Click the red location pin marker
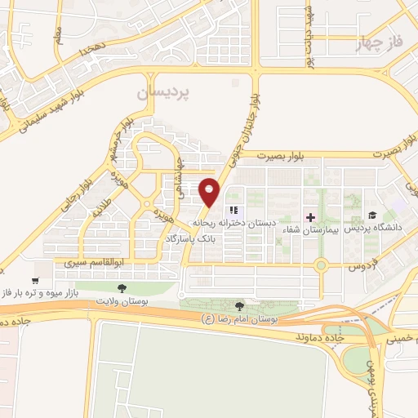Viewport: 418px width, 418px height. point(210,191)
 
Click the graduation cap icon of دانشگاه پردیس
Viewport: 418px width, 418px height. point(372,216)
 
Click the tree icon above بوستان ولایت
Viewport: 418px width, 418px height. point(122,288)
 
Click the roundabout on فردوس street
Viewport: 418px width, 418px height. point(322,265)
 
